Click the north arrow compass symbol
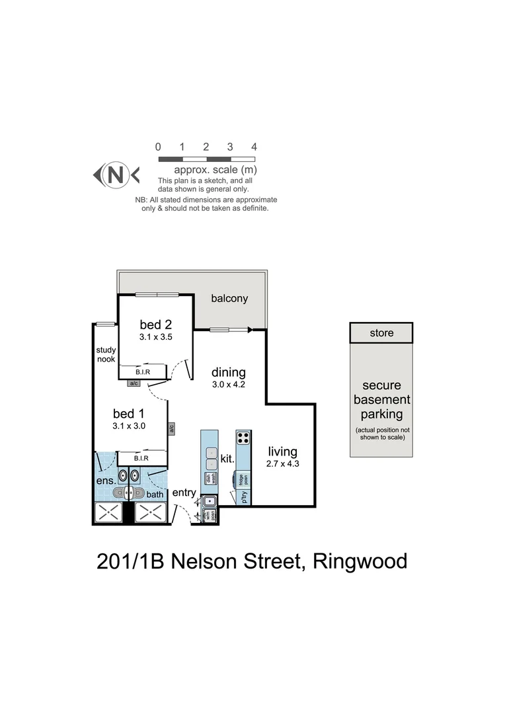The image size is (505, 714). [x=116, y=175]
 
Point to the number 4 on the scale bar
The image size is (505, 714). [x=254, y=147]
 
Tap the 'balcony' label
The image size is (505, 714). [x=229, y=298]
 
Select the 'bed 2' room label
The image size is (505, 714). [x=156, y=324]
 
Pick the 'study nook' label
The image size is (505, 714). [x=106, y=354]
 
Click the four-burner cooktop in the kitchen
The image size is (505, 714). [x=243, y=438]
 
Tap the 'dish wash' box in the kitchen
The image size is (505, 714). [x=210, y=479]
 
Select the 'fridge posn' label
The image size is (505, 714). [x=243, y=479]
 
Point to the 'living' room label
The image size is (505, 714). [x=282, y=452]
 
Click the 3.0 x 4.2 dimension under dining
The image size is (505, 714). [x=229, y=384]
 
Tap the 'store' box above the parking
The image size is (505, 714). [x=381, y=333]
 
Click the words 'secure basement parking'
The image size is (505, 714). [x=381, y=399]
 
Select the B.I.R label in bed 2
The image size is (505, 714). [x=143, y=372]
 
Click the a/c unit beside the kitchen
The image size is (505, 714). [x=171, y=428]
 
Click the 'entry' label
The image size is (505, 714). [x=184, y=493]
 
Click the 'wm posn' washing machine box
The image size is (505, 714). [x=210, y=515]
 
